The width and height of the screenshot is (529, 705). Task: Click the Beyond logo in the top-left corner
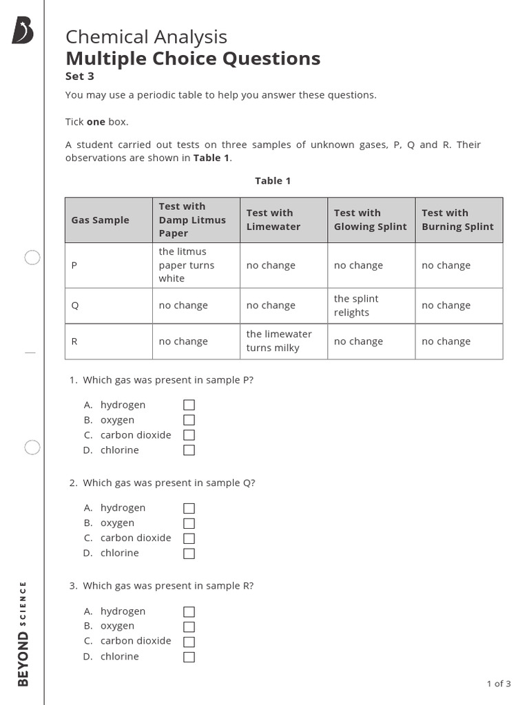[x=22, y=31]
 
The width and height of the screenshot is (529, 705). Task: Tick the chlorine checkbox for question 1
[x=189, y=450]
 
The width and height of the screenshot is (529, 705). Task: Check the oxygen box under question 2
[x=189, y=523]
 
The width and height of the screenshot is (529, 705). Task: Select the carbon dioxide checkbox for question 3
[x=189, y=642]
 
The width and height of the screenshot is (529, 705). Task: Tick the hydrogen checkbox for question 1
[x=189, y=405]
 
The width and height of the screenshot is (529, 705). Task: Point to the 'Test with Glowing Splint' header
[x=371, y=220]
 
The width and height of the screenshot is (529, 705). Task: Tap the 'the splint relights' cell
[x=371, y=306]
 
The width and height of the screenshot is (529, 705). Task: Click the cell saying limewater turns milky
[x=283, y=341]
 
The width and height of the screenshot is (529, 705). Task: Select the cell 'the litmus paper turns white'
[x=196, y=265]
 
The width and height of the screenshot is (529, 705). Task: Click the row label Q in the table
[x=75, y=306]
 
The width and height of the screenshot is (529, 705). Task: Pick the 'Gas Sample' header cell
[x=101, y=220]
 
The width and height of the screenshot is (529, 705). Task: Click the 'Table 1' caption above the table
[x=273, y=181]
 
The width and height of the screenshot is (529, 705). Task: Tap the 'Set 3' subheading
[x=79, y=76]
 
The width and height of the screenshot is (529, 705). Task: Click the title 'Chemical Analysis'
[x=146, y=37]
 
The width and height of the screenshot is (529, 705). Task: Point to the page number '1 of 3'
[x=499, y=684]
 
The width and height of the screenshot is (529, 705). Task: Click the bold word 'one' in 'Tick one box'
[x=96, y=122]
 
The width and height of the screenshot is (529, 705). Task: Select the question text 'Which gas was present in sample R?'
[x=168, y=586]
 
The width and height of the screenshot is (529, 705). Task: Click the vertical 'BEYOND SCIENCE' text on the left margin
[x=23, y=633]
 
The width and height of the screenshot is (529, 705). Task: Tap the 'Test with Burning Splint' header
[x=458, y=220]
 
